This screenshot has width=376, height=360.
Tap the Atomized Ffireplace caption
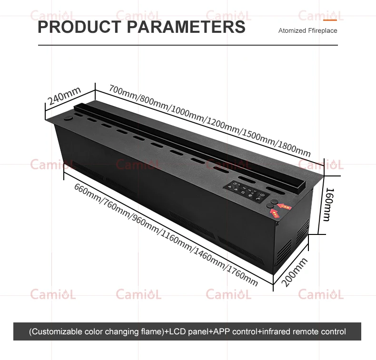point(307,30)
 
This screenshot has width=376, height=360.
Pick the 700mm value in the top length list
point(122,91)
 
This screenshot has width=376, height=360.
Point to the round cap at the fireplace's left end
point(68,117)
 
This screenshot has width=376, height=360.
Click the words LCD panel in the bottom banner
point(188,331)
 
